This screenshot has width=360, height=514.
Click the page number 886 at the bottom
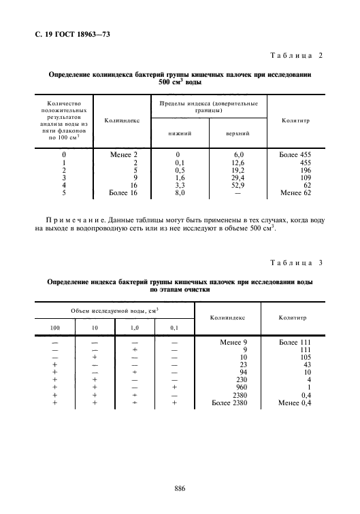coord(180,488)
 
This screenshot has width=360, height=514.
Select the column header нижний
coord(179,134)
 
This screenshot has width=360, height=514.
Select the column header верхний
coord(237,134)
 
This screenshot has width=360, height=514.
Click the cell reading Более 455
coord(294,154)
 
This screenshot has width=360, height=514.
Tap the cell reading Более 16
coord(123,193)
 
